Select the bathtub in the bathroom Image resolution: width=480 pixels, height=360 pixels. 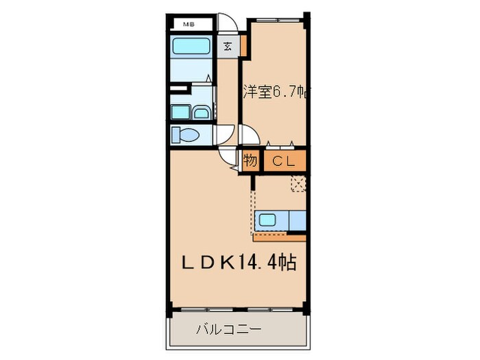tap(191, 47)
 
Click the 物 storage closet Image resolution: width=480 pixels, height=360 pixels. tap(250, 161)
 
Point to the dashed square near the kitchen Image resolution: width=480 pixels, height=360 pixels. tap(298, 183)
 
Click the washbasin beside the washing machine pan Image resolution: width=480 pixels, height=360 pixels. tap(203, 112)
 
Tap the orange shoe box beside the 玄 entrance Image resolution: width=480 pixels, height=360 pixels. tap(243, 49)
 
